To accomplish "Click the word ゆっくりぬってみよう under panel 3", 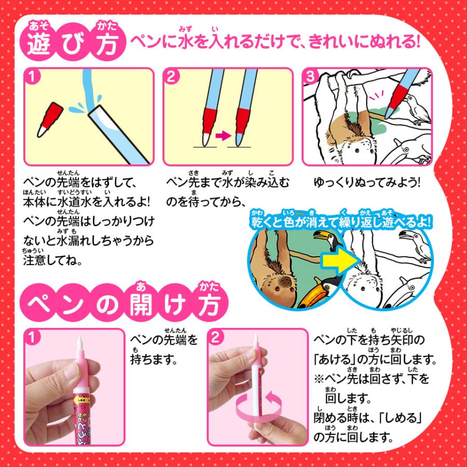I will click(366, 183).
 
